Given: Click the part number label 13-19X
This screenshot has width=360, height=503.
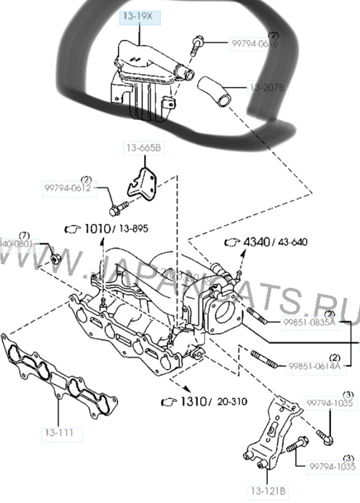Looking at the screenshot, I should click(138, 17).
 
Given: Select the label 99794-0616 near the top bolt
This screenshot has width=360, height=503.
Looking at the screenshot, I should click(254, 43).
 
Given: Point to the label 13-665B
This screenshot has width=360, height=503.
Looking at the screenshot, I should click(143, 148).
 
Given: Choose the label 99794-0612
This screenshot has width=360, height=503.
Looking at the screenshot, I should click(68, 188).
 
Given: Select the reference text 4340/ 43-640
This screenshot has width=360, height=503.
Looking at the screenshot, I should click(274, 242).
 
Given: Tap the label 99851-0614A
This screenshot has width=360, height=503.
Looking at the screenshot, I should click(314, 366).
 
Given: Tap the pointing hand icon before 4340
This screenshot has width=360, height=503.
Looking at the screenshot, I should click(232, 242).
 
